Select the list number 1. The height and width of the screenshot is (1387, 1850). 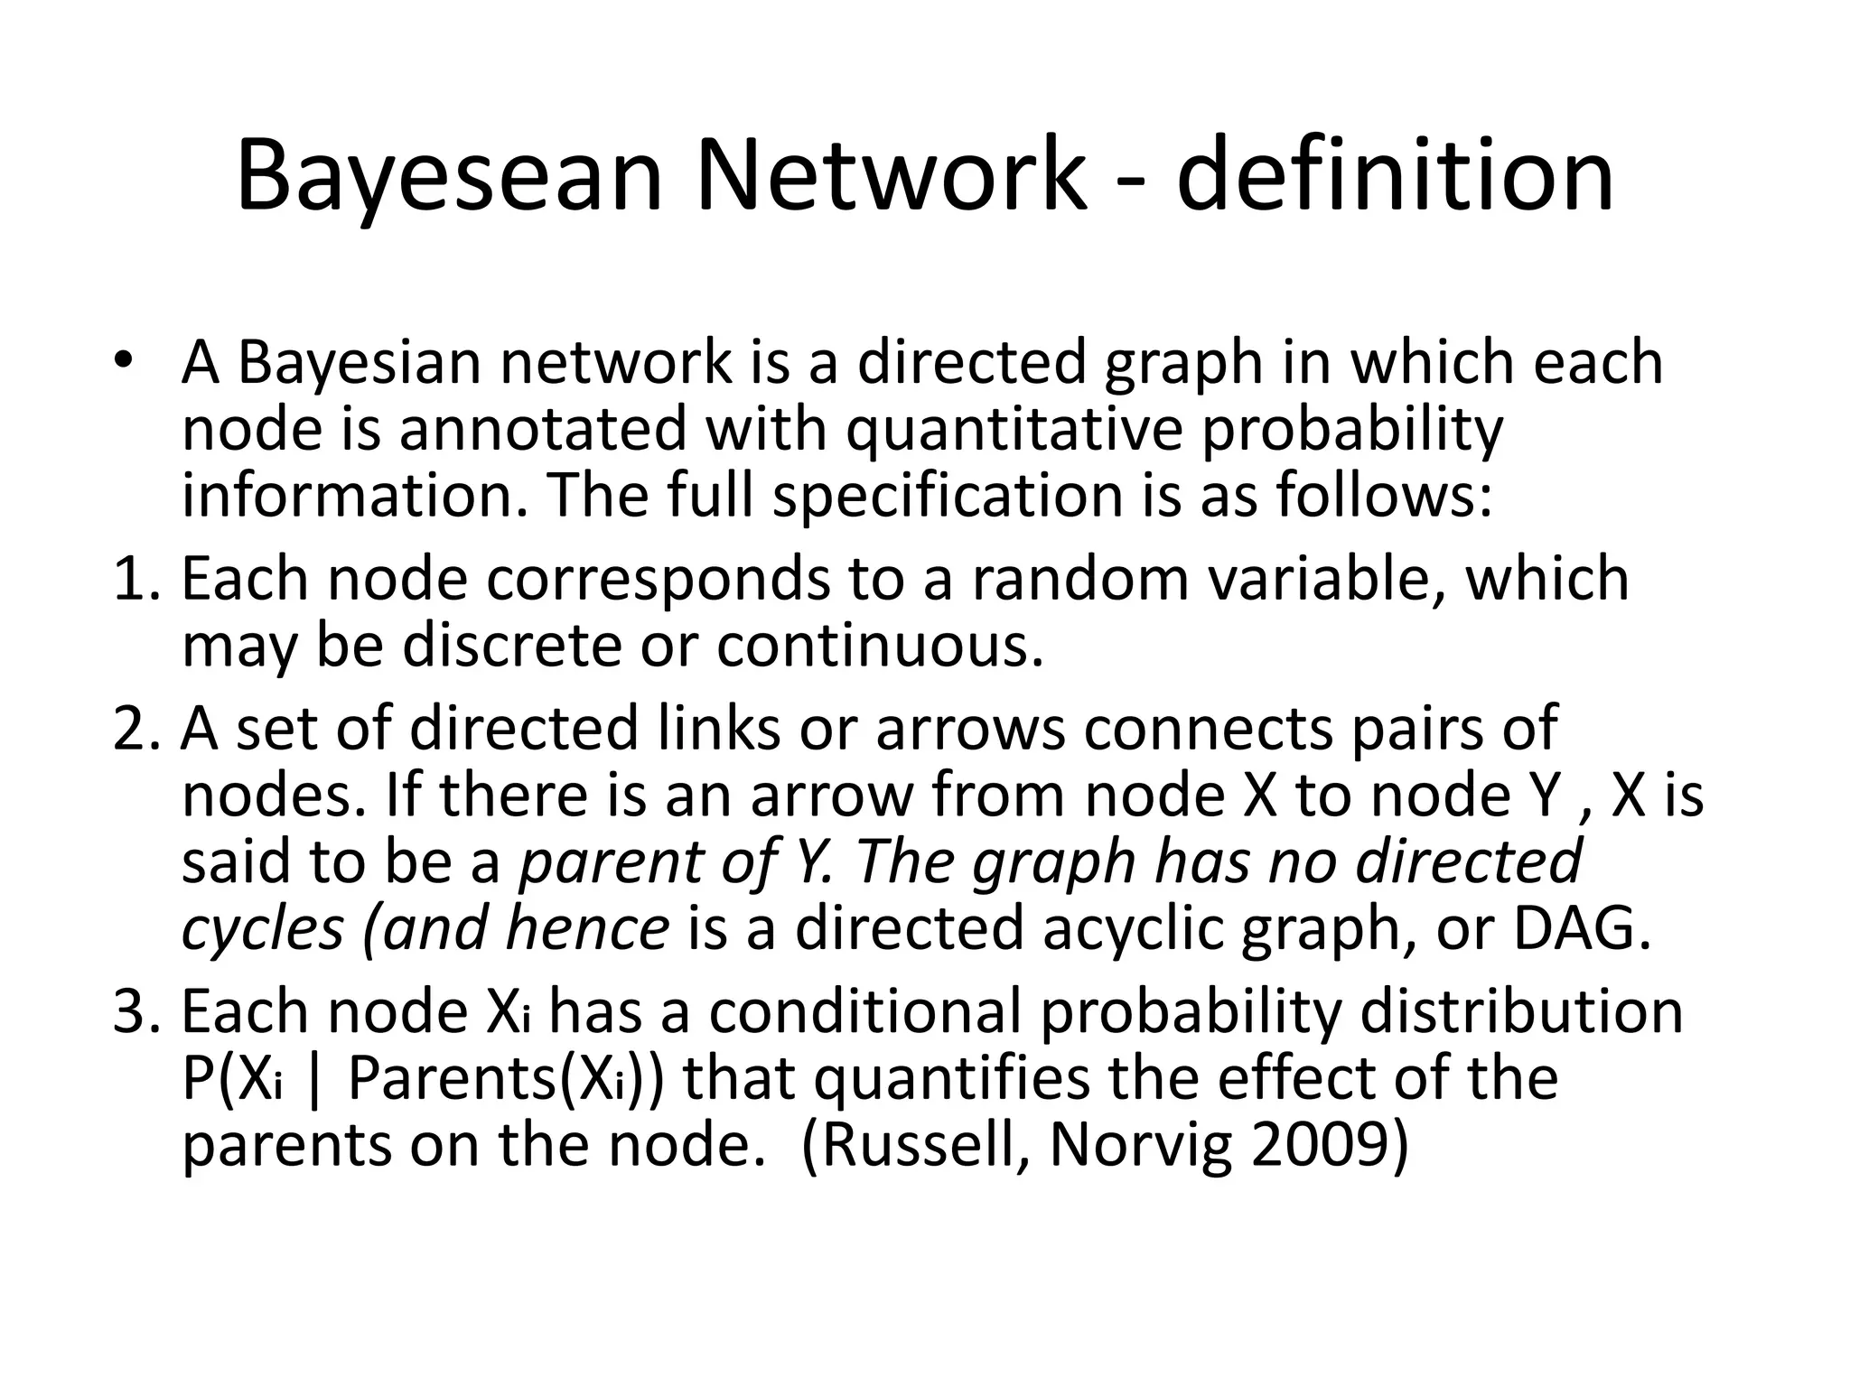pos(133,579)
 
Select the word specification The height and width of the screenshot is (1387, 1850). pos(948,497)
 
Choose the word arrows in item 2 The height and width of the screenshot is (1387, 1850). pos(972,729)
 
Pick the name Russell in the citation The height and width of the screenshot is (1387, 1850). pos(925,1145)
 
